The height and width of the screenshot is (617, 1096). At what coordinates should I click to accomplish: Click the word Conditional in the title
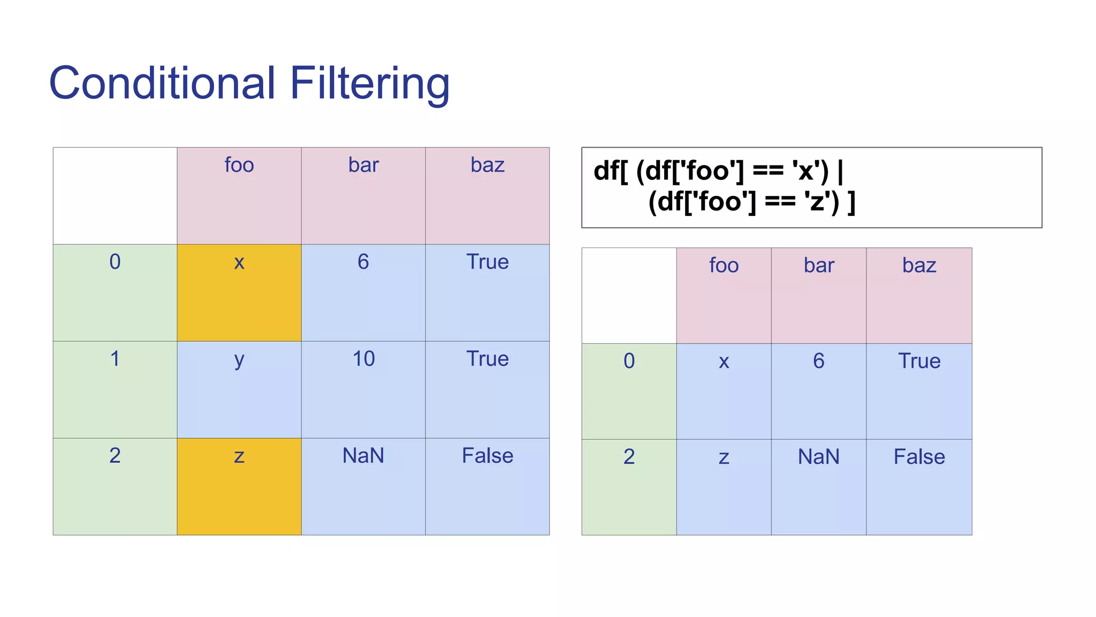tap(162, 83)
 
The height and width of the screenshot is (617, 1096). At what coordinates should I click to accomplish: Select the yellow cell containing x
tap(239, 292)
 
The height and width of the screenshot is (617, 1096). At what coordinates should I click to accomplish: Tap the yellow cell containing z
tap(239, 486)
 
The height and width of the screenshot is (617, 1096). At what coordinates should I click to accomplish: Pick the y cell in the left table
tap(239, 389)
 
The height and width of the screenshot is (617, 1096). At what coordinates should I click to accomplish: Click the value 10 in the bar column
tap(363, 359)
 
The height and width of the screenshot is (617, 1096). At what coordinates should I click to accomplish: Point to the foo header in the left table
tap(239, 165)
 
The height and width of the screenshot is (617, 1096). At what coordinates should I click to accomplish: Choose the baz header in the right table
tap(919, 266)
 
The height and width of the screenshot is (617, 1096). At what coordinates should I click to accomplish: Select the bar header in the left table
tap(363, 165)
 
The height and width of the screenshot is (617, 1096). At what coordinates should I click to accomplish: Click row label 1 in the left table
tap(115, 359)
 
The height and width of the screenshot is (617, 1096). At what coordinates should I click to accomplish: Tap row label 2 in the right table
tap(629, 457)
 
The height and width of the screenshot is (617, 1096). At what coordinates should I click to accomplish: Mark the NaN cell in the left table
tap(363, 456)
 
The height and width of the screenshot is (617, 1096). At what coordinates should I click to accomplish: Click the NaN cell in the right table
tap(818, 457)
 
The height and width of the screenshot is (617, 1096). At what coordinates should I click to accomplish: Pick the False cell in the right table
tap(919, 457)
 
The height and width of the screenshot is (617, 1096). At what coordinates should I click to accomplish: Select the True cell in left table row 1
tap(487, 359)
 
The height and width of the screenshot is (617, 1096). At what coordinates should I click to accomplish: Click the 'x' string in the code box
tap(803, 171)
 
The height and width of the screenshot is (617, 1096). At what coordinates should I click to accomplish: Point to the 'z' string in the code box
tap(815, 202)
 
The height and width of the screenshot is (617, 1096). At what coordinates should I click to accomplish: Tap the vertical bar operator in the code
tap(840, 171)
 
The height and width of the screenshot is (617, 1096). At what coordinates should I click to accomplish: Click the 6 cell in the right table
tap(818, 361)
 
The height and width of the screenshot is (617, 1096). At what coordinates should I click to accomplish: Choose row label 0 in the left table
tap(115, 262)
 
